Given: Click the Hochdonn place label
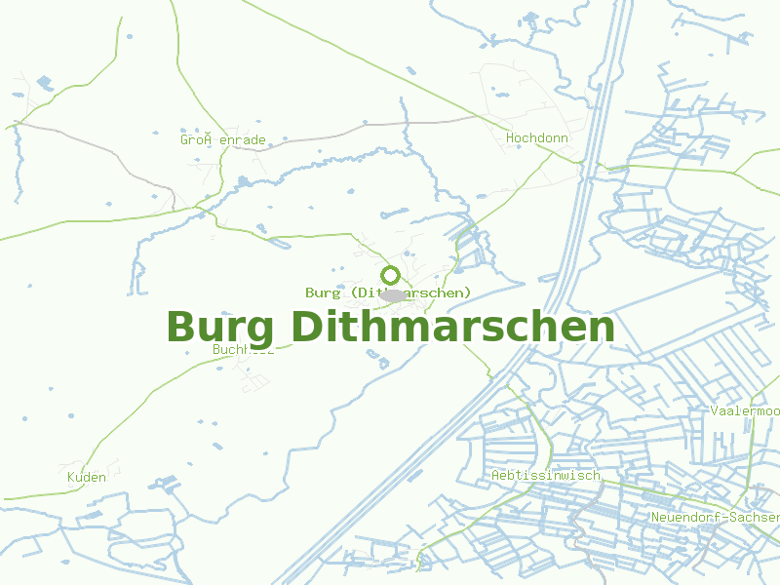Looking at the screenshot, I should click(536, 138).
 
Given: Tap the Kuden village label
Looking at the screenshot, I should click(87, 478).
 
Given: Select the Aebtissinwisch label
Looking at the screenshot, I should click(546, 476).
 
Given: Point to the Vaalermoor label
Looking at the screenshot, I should click(745, 411).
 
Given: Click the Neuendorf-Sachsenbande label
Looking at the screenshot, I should click(715, 517).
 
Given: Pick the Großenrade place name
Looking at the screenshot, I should click(222, 140).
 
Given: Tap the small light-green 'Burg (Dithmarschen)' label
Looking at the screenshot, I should click(388, 292).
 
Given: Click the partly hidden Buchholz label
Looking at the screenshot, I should click(242, 350).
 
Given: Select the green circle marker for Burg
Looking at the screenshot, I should click(390, 275).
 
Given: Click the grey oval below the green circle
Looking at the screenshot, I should click(394, 295).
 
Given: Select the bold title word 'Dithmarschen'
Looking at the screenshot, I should click(453, 327).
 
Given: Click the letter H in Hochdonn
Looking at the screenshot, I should click(510, 138).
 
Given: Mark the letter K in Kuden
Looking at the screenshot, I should click(71, 478).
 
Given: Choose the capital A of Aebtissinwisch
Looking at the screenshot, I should click(496, 476).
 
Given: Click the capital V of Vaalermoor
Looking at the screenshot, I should click(715, 411).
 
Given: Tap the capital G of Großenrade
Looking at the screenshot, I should click(184, 140).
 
